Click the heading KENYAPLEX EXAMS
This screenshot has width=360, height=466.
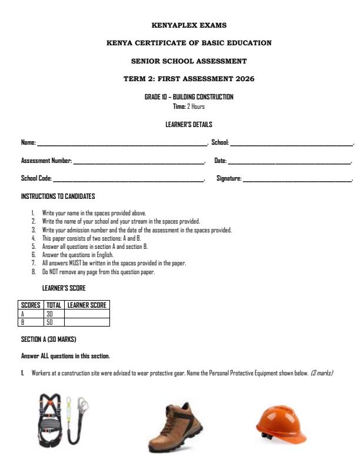tap(189, 25)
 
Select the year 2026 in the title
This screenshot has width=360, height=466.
tap(243, 79)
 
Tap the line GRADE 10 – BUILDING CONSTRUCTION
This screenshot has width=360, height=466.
tap(189, 97)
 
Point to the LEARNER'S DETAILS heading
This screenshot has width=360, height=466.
tap(189, 125)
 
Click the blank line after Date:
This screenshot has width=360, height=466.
tap(289, 161)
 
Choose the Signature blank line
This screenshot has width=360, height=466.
tap(297, 179)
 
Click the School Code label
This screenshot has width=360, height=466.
tap(36, 178)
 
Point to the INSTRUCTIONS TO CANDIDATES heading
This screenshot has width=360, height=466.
tap(58, 197)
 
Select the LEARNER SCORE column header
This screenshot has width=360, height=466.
tap(87, 305)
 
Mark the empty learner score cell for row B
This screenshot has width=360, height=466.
tap(87, 322)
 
